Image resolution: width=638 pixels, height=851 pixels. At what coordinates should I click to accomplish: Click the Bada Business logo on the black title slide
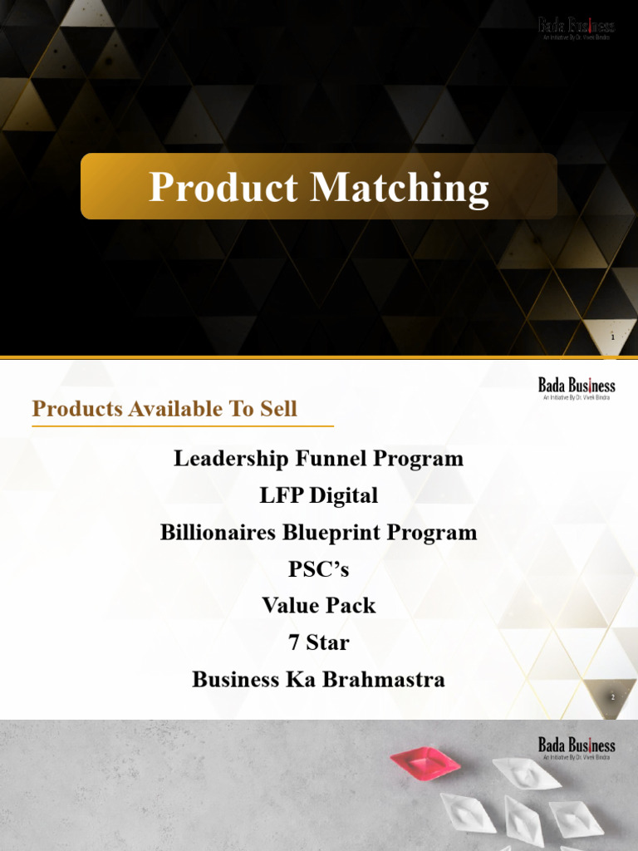(577, 28)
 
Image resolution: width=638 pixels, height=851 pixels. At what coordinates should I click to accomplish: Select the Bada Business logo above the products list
(577, 387)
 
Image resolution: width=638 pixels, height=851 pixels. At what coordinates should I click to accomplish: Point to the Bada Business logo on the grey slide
(577, 747)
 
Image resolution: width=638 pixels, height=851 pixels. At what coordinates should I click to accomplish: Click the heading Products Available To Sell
(164, 409)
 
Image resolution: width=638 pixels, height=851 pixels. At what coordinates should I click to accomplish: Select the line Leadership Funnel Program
(318, 459)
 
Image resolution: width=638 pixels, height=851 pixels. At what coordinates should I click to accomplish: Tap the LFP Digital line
(318, 496)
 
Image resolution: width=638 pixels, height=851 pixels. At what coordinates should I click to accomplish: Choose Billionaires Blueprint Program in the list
(318, 533)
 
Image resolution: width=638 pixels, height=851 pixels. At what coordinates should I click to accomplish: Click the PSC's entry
(318, 569)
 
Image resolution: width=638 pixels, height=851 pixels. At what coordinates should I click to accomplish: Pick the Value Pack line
(318, 606)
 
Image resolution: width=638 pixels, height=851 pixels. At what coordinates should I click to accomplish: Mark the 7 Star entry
(318, 642)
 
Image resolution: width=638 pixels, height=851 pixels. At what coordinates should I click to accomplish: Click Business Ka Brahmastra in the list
(318, 680)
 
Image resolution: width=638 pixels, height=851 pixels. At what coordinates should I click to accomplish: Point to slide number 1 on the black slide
(613, 338)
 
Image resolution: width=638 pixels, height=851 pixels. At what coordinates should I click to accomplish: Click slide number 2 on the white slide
(613, 698)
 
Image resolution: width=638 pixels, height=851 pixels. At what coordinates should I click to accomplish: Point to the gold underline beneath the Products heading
(183, 425)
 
